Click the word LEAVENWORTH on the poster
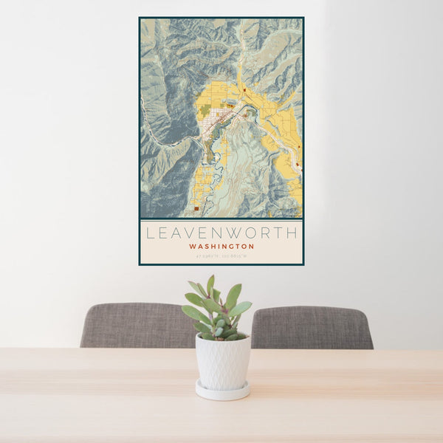point(221,233)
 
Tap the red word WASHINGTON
point(221,247)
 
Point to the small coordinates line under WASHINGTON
point(221,255)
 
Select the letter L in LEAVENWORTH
point(150,233)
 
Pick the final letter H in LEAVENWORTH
point(292,233)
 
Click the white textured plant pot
point(222,362)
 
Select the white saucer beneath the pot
point(222,391)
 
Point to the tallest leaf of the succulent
point(210,285)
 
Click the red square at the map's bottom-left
point(196,208)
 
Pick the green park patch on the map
point(205,110)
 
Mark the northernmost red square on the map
point(244,90)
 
